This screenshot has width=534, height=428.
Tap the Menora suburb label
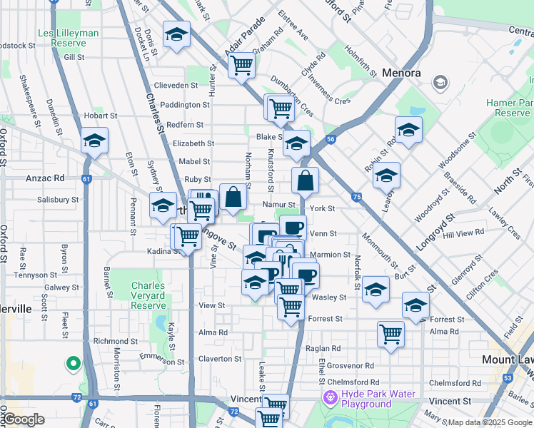click(401, 73)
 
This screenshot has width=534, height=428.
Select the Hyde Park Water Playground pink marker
click(330, 397)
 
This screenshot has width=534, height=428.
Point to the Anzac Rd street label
click(45, 178)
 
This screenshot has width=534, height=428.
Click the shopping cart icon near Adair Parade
click(242, 65)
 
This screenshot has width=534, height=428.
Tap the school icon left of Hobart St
click(94, 141)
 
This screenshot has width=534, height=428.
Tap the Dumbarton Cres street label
click(292, 91)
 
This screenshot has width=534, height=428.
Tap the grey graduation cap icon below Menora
click(440, 83)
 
